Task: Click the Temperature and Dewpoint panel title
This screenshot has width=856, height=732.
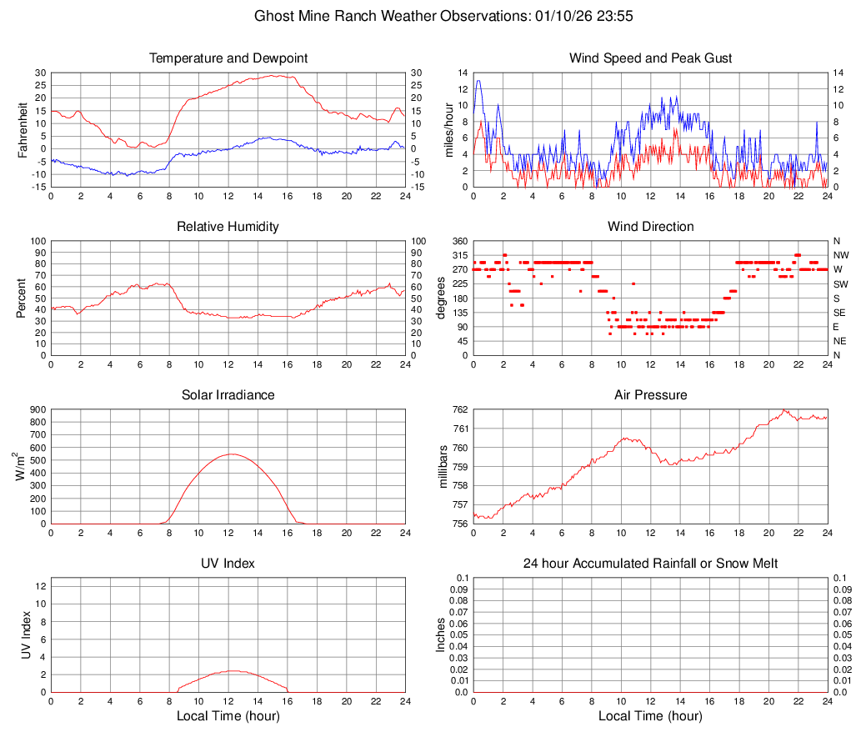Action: (x=228, y=58)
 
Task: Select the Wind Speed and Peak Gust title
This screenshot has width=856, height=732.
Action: (x=650, y=58)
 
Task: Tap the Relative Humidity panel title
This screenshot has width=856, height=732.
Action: (x=228, y=227)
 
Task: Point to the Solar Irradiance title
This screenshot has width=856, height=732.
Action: (x=228, y=395)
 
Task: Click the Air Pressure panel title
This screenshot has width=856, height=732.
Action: (x=650, y=395)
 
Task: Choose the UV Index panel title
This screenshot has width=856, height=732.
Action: (x=228, y=564)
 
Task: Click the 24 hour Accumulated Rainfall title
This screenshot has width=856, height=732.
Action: (x=650, y=564)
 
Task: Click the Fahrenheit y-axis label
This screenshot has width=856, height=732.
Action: (x=23, y=130)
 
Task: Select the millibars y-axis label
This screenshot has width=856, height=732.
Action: (x=443, y=467)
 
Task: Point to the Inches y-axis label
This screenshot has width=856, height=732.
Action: (x=441, y=634)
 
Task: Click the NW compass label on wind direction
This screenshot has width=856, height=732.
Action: (x=841, y=255)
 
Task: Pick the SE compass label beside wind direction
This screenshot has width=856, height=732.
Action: (x=840, y=313)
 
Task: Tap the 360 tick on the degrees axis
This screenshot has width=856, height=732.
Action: (x=458, y=241)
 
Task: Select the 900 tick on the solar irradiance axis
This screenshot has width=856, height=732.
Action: (x=38, y=409)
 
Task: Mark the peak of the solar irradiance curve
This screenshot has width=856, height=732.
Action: (x=231, y=454)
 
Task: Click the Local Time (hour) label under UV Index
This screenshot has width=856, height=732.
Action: (x=228, y=716)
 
